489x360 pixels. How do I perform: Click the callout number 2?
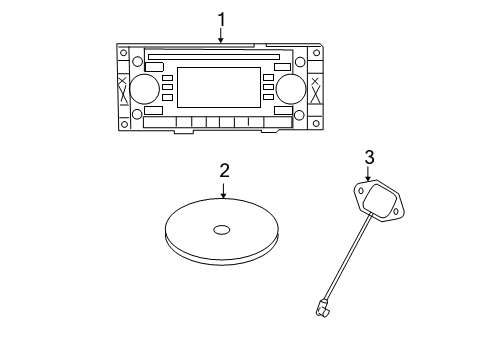tap(224, 170)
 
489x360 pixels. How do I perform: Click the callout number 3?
tap(369, 156)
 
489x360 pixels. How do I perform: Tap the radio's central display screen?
tap(218, 87)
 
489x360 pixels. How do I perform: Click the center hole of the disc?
tap(220, 230)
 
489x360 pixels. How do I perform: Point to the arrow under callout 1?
tap(221, 34)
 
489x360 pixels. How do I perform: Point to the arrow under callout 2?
tap(224, 189)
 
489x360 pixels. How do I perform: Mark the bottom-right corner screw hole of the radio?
tap(315, 124)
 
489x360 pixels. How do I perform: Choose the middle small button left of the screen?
tap(167, 89)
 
